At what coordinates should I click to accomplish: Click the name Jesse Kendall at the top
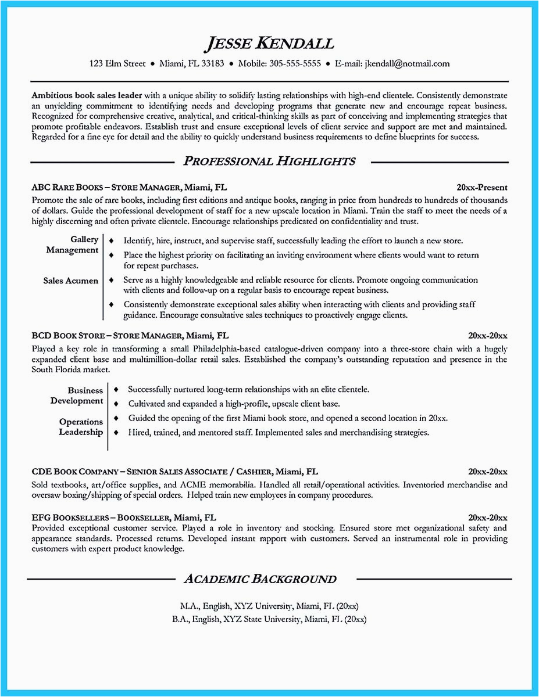pos(269,44)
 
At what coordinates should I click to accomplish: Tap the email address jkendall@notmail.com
pos(406,64)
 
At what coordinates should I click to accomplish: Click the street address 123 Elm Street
pos(117,64)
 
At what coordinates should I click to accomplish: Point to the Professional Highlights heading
pos(269,161)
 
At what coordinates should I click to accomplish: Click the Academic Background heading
pos(260,579)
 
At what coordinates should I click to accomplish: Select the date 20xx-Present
pos(482,188)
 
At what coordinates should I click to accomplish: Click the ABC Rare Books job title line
pos(129,188)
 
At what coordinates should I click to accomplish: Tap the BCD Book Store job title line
pos(130,336)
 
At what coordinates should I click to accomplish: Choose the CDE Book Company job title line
pos(174,472)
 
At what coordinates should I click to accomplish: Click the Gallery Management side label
pos(72,245)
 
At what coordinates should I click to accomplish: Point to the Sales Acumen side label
pos(70,281)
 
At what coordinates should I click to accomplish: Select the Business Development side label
pos(77,396)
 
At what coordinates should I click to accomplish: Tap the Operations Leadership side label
pos(81,427)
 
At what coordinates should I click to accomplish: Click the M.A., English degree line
pos(269,605)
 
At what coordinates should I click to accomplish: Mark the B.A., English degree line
pos(269,619)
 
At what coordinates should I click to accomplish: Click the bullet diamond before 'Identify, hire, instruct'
pos(111,240)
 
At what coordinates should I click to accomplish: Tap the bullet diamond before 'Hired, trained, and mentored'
pos(116,433)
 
